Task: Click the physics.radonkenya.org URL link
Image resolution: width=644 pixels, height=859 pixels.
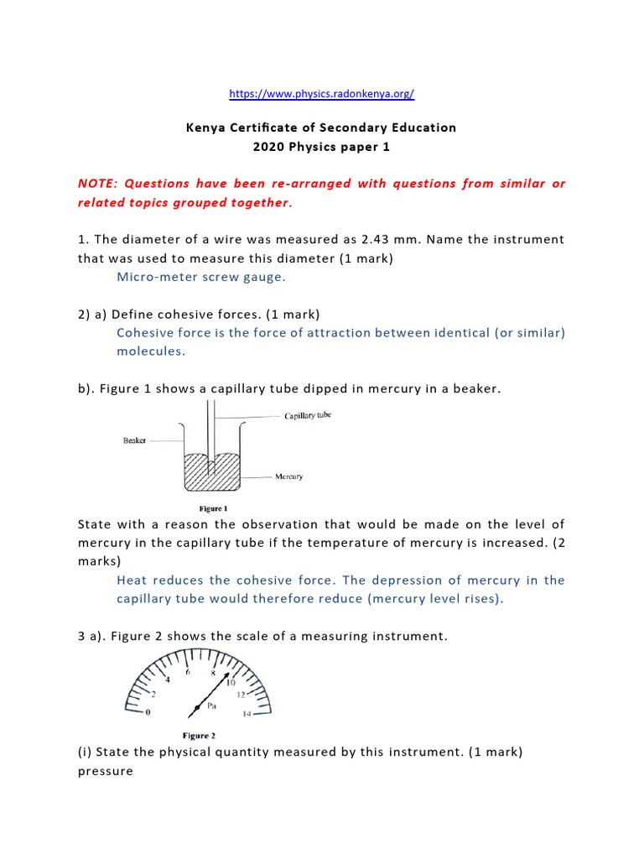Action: coord(321,94)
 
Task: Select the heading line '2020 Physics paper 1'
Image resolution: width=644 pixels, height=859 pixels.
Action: coord(321,147)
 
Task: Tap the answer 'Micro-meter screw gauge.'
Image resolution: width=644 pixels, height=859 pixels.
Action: coord(195,277)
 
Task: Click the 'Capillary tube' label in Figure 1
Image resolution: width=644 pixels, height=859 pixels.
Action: coord(307,415)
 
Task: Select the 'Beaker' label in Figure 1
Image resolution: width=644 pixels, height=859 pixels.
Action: coord(134,440)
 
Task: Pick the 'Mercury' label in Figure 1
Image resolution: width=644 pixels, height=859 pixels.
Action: coord(289,476)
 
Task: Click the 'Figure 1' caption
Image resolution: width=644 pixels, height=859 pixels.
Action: coord(213,508)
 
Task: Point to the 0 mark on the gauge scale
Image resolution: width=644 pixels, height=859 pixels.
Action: coord(148,713)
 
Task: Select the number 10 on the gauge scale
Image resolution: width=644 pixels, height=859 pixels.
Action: coord(230,681)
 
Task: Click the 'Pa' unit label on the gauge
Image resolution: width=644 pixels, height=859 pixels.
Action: coord(213,706)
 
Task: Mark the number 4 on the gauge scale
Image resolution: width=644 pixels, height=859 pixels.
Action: coord(167,679)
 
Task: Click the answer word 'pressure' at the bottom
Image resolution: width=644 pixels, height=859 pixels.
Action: coord(105,771)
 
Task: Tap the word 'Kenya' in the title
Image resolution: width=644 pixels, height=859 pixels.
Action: coord(205,128)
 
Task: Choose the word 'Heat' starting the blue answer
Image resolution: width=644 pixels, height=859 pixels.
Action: coord(132,580)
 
